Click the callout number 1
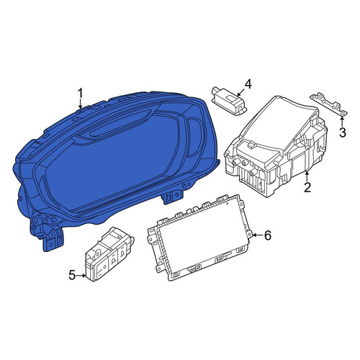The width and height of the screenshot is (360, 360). [80, 94]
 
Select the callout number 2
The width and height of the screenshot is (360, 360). [307, 187]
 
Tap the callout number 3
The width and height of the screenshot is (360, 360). [343, 132]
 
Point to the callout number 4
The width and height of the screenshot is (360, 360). [248, 84]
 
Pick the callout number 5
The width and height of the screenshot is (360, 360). [72, 275]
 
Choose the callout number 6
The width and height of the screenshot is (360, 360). [268, 235]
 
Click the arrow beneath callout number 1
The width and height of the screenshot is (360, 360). [81, 104]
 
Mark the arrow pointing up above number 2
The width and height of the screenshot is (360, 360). [307, 176]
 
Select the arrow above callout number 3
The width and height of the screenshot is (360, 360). [342, 121]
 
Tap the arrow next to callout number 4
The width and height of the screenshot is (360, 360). [241, 92]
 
